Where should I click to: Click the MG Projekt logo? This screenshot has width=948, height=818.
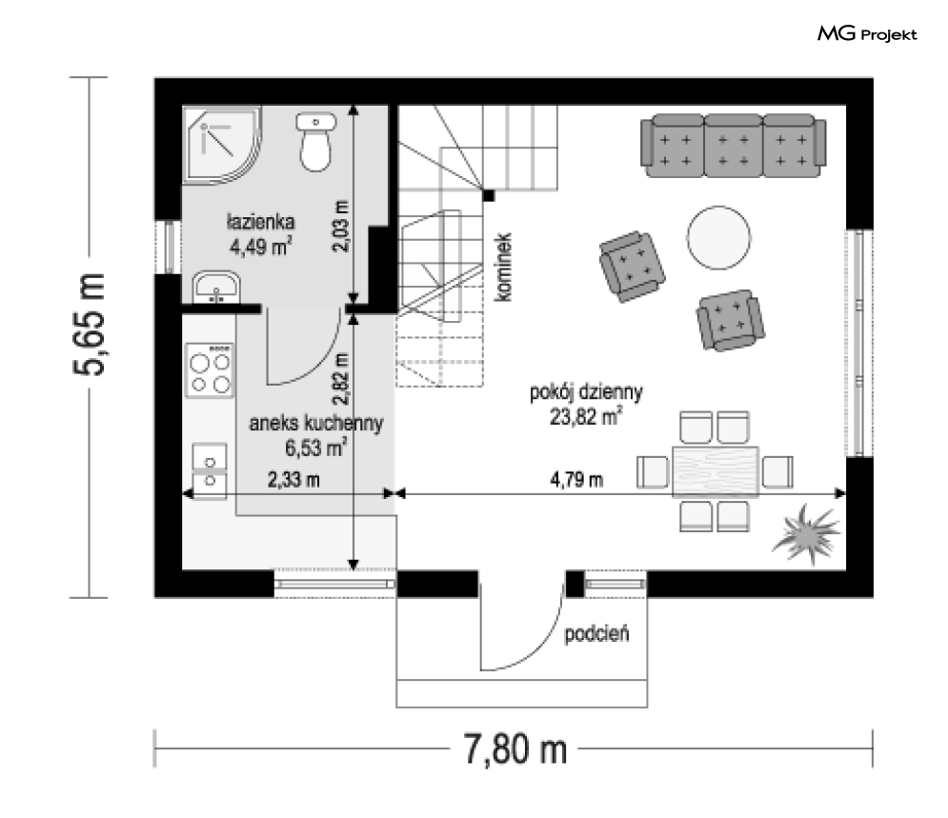tap(867, 34)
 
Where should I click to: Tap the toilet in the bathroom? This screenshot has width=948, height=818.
tap(315, 141)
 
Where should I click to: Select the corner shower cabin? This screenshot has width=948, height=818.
tap(222, 145)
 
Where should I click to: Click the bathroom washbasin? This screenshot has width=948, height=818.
tap(216, 288)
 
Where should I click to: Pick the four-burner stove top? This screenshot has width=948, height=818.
tap(210, 370)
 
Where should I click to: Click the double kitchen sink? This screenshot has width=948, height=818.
tap(210, 471)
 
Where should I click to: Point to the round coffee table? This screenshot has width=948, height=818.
tap(718, 237)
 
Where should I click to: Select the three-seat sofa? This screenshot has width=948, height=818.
tap(734, 146)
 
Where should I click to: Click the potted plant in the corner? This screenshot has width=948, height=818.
tap(807, 534)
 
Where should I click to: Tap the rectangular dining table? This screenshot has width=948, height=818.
tap(716, 471)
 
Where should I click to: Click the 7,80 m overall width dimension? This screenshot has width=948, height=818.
tap(515, 749)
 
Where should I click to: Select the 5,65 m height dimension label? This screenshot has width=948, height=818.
tap(90, 325)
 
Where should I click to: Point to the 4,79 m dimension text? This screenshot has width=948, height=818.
tap(576, 480)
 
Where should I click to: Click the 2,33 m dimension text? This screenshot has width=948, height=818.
tap(293, 480)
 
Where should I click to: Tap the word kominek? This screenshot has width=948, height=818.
tap(503, 267)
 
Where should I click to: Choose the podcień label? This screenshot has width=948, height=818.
tap(596, 634)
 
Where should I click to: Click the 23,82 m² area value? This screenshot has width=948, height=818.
tap(586, 416)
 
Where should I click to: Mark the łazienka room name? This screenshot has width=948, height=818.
tap(260, 222)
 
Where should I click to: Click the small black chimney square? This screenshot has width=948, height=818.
tap(488, 195)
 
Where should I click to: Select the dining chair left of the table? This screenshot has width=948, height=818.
tap(653, 471)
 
